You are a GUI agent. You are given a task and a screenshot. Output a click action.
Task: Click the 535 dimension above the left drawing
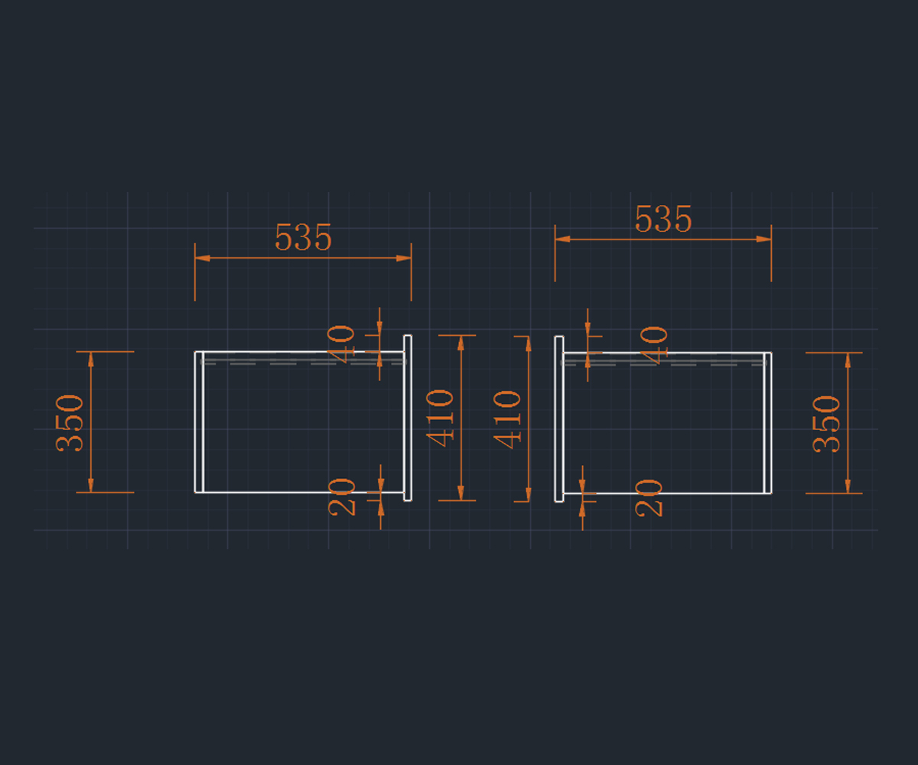click(x=303, y=239)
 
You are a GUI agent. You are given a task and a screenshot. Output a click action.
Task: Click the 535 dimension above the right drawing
click(x=663, y=220)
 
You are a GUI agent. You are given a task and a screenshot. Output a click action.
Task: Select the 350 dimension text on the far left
click(x=70, y=422)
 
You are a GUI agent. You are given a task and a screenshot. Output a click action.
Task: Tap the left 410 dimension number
click(x=441, y=418)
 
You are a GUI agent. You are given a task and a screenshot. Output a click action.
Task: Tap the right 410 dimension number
click(x=508, y=418)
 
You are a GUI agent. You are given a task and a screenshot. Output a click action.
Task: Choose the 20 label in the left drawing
click(x=342, y=496)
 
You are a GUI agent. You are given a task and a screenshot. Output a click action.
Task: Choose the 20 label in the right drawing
click(x=649, y=497)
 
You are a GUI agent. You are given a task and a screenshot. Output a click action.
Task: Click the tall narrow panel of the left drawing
click(x=408, y=418)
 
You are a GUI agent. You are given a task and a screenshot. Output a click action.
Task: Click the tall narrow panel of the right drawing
click(x=559, y=418)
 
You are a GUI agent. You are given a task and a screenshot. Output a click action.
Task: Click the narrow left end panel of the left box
click(x=199, y=422)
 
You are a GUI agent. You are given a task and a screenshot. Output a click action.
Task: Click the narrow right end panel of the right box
click(x=767, y=423)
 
